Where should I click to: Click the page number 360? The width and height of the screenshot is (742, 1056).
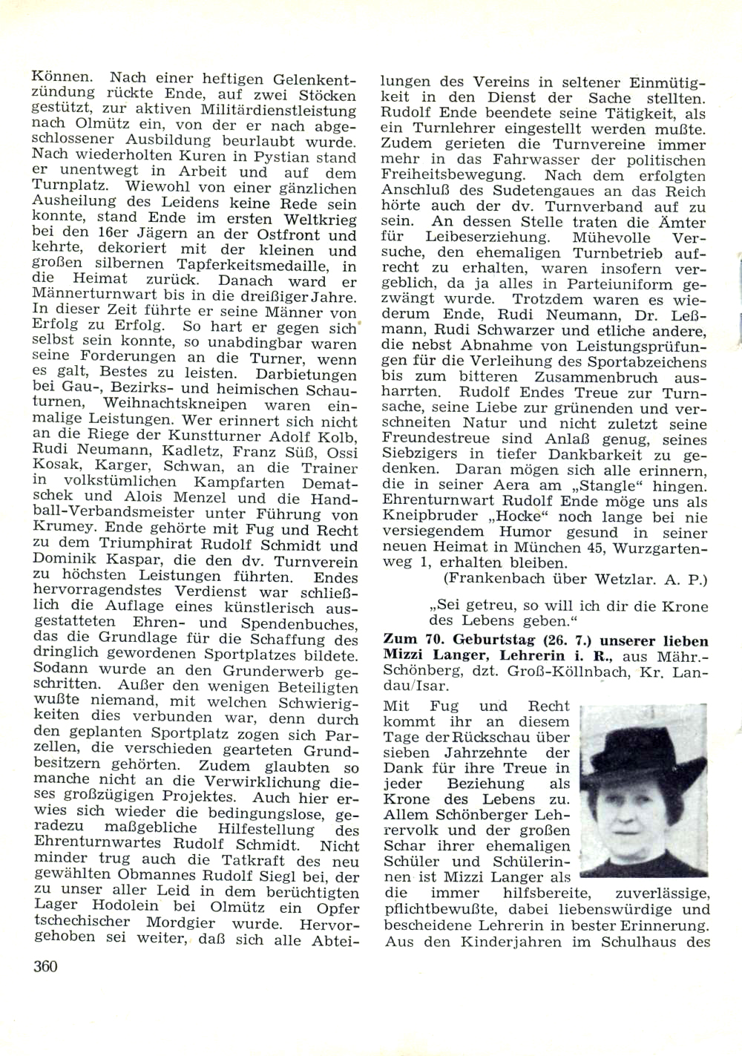(x=45, y=965)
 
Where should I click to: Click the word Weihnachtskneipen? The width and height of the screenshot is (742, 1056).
(x=176, y=405)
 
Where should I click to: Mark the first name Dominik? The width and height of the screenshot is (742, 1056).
(x=63, y=560)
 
